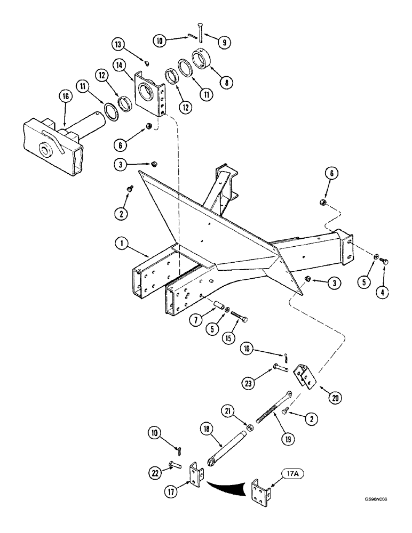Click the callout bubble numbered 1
(x=122, y=245)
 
